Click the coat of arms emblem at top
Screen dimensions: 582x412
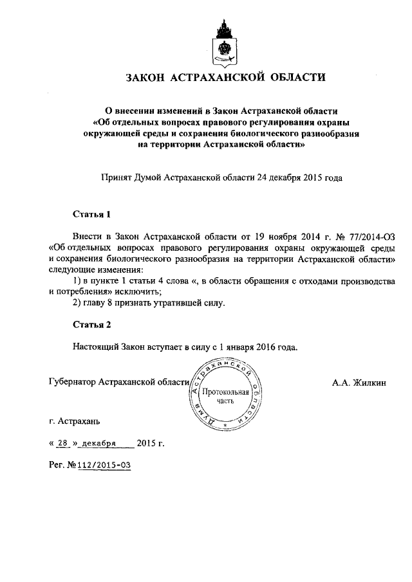click(x=225, y=40)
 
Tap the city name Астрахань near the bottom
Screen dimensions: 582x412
click(x=79, y=422)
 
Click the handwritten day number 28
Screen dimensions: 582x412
click(x=62, y=444)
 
